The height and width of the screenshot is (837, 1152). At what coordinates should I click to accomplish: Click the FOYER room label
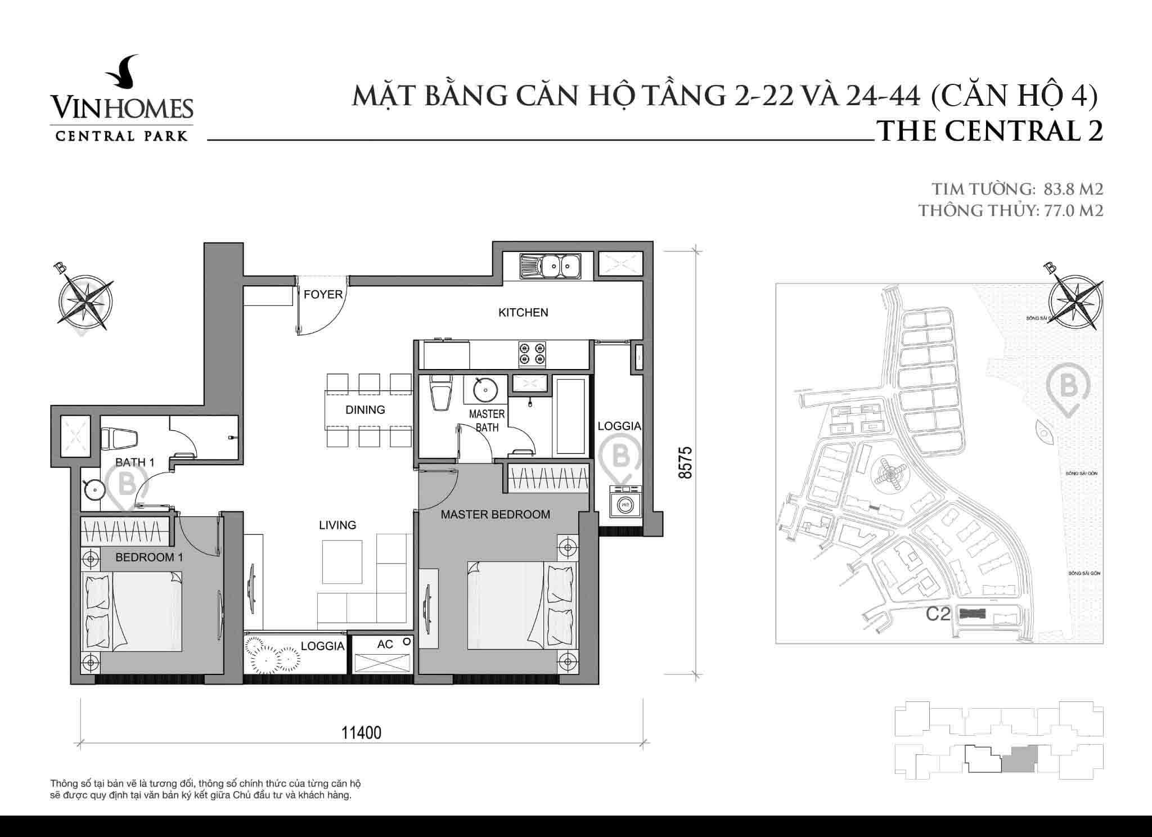point(323,295)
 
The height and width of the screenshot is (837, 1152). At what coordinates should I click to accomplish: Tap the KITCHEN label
point(523,313)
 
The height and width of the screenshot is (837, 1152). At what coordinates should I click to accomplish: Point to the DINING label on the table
point(365,410)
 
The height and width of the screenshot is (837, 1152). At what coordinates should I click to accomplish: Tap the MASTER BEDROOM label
point(495,515)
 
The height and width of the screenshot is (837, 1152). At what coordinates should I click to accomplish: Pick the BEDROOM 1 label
point(149,557)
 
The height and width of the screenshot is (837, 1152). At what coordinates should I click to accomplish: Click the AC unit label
point(385,645)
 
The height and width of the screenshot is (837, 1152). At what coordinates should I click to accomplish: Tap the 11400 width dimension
point(362,733)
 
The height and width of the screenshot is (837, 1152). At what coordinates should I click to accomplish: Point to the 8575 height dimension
point(685,462)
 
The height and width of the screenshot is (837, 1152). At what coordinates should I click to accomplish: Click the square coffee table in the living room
point(342,562)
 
